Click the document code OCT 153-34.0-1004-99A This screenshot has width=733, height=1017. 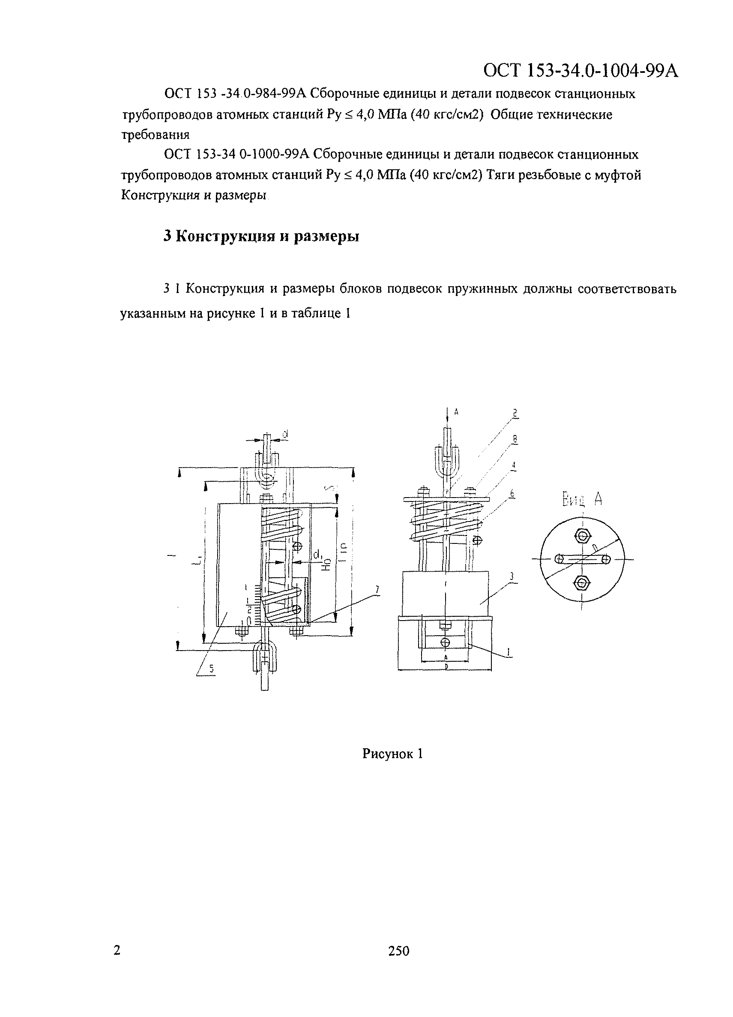click(x=580, y=71)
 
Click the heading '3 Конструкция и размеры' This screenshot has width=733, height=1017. click(x=261, y=236)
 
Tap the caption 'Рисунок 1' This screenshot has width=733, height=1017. click(x=392, y=754)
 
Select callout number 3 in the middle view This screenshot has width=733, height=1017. click(x=512, y=577)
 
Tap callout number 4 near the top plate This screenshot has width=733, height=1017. click(x=514, y=466)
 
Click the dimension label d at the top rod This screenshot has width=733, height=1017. click(x=285, y=434)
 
